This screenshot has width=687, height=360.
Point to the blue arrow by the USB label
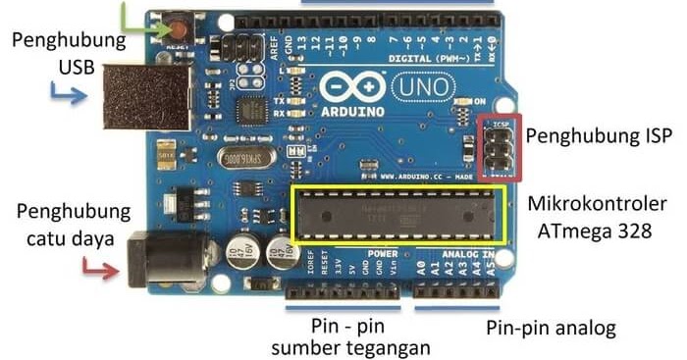coord(68,96)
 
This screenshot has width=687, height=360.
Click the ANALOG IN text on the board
coord(467,252)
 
